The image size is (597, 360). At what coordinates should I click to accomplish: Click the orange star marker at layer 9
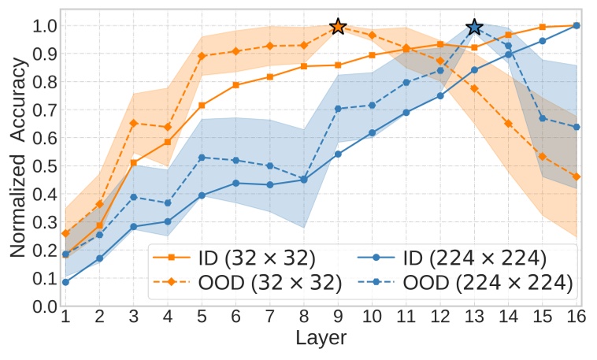pos(338,27)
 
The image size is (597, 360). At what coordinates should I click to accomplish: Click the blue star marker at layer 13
pos(474,27)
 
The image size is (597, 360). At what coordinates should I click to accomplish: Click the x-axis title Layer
pos(321,340)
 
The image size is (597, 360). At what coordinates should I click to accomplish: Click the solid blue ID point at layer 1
pos(65,282)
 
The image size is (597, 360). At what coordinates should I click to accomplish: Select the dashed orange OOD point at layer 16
pos(577,176)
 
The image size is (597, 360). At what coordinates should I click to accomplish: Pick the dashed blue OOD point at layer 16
pos(577,127)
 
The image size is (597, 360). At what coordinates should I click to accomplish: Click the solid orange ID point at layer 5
pos(202,105)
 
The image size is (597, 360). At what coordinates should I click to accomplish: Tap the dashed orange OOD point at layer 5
pos(202,56)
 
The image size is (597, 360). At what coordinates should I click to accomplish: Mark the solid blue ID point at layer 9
pos(338,154)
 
